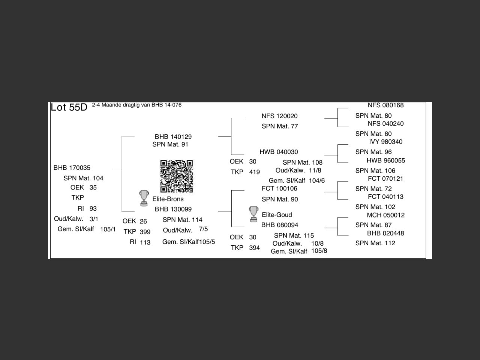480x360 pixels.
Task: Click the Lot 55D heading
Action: (69, 107)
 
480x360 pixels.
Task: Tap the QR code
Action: (177, 176)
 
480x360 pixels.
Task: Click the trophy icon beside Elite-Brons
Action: (144, 198)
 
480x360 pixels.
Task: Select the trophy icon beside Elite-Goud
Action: (253, 214)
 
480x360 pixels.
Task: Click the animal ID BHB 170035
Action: (72, 168)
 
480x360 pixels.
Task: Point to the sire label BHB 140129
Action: (173, 136)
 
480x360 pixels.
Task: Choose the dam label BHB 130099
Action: (173, 209)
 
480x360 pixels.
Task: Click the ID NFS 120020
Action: (279, 116)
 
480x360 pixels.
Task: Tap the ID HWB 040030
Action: (279, 152)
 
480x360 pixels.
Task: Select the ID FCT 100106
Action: (279, 189)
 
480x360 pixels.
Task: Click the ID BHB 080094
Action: (280, 225)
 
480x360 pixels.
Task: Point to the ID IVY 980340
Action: (385, 142)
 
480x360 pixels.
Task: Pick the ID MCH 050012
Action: (385, 215)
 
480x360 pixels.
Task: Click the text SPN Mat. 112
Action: (375, 243)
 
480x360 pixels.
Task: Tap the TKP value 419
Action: (254, 172)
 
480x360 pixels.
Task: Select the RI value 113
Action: (145, 242)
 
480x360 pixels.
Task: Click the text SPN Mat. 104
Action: (83, 178)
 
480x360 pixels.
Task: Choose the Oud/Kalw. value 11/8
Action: (315, 170)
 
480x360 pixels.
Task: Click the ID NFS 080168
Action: (385, 105)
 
